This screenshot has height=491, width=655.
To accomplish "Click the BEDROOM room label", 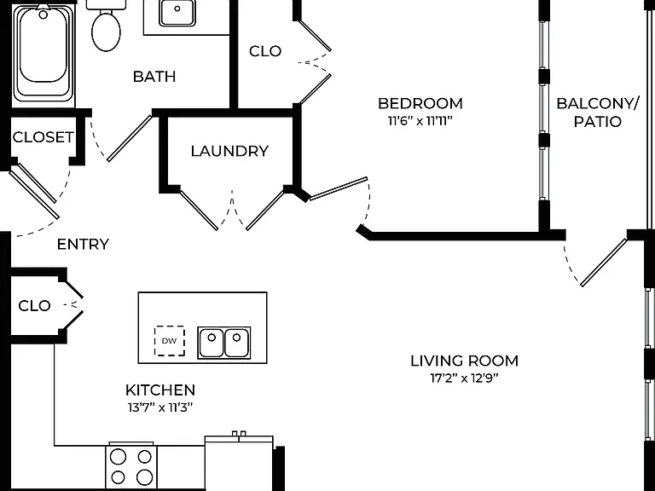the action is pos(420,103).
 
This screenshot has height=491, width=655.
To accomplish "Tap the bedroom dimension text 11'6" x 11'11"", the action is pos(420,121).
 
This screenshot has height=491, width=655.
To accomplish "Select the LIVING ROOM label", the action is pos(465,361).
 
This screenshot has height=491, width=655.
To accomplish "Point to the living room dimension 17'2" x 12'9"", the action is pos(465,378).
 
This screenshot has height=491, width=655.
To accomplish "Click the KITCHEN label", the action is pos(160,390).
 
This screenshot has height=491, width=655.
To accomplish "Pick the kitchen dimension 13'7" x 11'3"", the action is pos(160,407).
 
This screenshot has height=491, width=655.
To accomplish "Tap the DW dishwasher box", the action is pos(169,341).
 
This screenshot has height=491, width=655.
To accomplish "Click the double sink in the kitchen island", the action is pos(224,343).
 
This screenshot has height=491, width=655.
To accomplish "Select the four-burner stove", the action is pos(131,467).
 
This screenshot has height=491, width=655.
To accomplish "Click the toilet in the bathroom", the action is pos(106,25).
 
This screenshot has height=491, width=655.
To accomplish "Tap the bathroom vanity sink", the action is pos(177,12).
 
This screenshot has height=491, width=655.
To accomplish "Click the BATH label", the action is pos(154,77).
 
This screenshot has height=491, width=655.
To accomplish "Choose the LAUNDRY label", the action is pos(229,151).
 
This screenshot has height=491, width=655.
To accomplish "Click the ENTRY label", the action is pos(83,245).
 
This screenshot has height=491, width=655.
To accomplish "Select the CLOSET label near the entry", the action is pos(43,137).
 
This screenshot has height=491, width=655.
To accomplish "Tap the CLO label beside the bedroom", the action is pos(265,51).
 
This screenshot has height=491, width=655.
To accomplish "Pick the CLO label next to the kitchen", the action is pos(34,306).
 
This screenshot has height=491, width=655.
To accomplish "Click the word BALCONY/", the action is pos(598,103).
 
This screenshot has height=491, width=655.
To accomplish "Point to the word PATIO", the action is pos(598,122).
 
